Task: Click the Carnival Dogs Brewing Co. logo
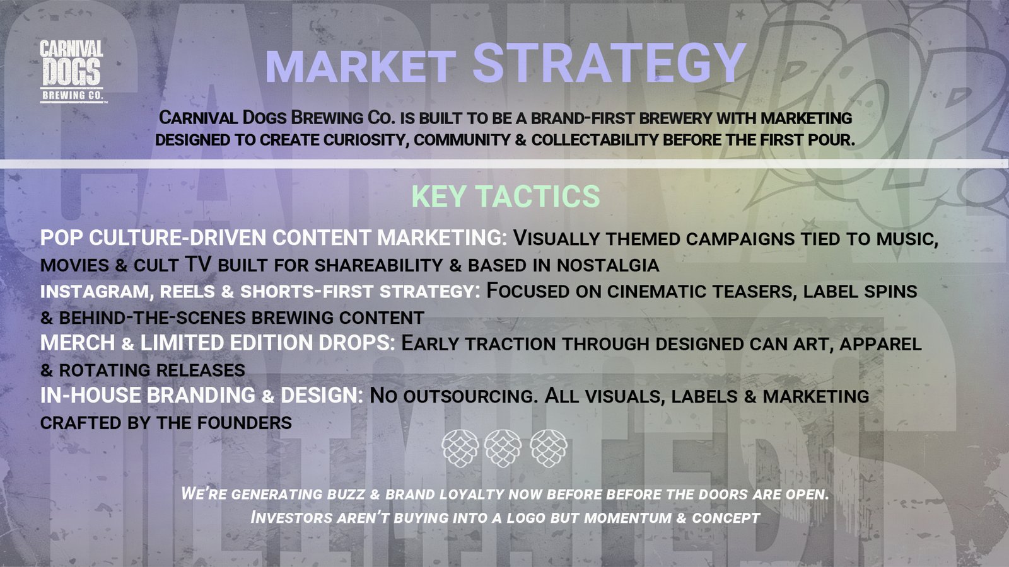[x=72, y=72]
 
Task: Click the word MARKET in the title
[x=361, y=67]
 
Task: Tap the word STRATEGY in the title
[x=609, y=63]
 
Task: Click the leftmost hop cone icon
[x=460, y=448]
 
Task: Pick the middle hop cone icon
[x=503, y=448]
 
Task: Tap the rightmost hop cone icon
[x=548, y=448]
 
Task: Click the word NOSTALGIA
[x=608, y=265]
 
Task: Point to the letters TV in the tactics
[x=198, y=264]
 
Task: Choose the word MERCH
[x=78, y=343]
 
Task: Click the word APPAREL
[x=880, y=344]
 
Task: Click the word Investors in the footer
[x=291, y=517]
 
